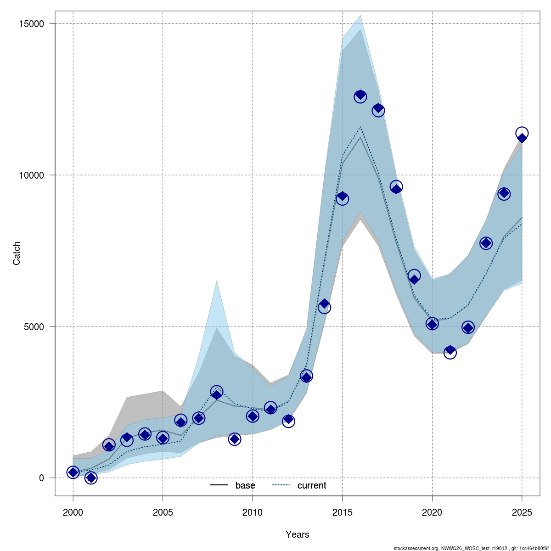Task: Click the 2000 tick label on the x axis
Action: (73, 512)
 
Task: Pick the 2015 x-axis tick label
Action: (342, 512)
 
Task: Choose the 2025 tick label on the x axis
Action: (522, 512)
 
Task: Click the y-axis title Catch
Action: (17, 253)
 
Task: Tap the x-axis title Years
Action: (298, 534)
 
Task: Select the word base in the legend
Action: (245, 485)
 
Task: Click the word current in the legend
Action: (312, 485)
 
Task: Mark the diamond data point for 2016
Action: (360, 96)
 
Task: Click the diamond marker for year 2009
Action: (235, 439)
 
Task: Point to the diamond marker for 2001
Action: (91, 478)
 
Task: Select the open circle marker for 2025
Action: (522, 133)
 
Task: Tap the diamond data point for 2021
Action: (450, 350)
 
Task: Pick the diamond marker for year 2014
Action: (324, 304)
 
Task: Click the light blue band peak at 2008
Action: (217, 281)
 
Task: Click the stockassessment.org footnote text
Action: (471, 548)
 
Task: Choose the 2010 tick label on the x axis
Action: (253, 512)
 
